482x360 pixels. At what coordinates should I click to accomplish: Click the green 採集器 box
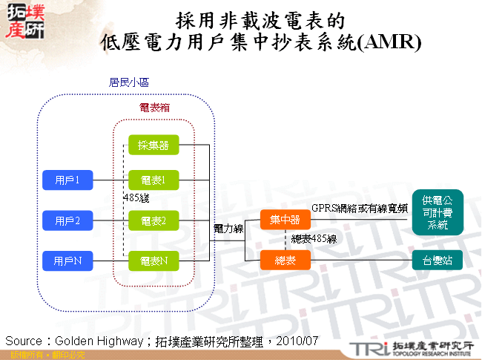[153, 145]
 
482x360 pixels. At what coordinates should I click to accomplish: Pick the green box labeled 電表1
[153, 179]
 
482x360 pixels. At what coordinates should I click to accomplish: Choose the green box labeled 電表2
[153, 220]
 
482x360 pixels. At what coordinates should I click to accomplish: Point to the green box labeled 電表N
[153, 261]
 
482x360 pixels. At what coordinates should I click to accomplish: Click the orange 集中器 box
[285, 220]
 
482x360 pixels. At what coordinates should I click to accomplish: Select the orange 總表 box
[285, 260]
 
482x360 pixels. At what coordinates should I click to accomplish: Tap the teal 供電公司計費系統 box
[438, 212]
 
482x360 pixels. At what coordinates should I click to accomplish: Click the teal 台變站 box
[438, 260]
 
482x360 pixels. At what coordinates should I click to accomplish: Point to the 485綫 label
[136, 198]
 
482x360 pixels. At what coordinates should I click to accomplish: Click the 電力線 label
[228, 229]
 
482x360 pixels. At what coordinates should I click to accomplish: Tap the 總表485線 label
[314, 239]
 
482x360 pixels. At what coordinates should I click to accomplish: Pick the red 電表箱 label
[154, 108]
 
